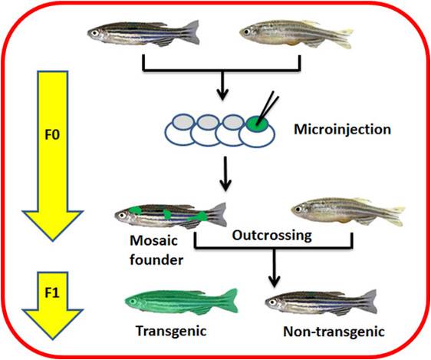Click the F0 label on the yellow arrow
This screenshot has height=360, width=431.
coord(52,135)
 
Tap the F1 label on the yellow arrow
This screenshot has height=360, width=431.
coord(52,293)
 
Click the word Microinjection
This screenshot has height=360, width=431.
coord(343,129)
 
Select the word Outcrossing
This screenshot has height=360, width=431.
coord(271,236)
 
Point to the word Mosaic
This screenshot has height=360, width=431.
coord(153,241)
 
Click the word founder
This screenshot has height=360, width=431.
coord(156,259)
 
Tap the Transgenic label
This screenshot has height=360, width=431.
coord(171,331)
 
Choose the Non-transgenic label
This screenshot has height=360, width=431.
coord(334,332)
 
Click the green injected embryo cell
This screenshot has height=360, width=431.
coord(257,124)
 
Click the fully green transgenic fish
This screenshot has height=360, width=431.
coord(182,302)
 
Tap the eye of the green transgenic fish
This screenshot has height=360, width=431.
coord(133,302)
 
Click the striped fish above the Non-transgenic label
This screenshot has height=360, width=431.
coord(321,302)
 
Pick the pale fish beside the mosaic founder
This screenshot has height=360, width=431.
coord(348,211)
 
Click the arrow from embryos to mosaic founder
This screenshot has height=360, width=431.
coord(225,173)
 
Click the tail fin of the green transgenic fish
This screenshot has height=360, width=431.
coord(229,300)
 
